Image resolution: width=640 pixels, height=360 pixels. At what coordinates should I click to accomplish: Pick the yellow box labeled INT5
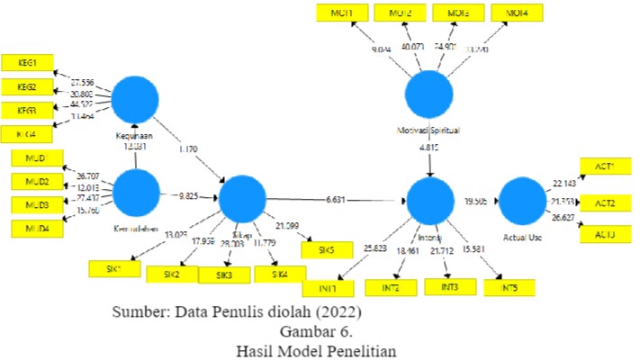click(x=509, y=288)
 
